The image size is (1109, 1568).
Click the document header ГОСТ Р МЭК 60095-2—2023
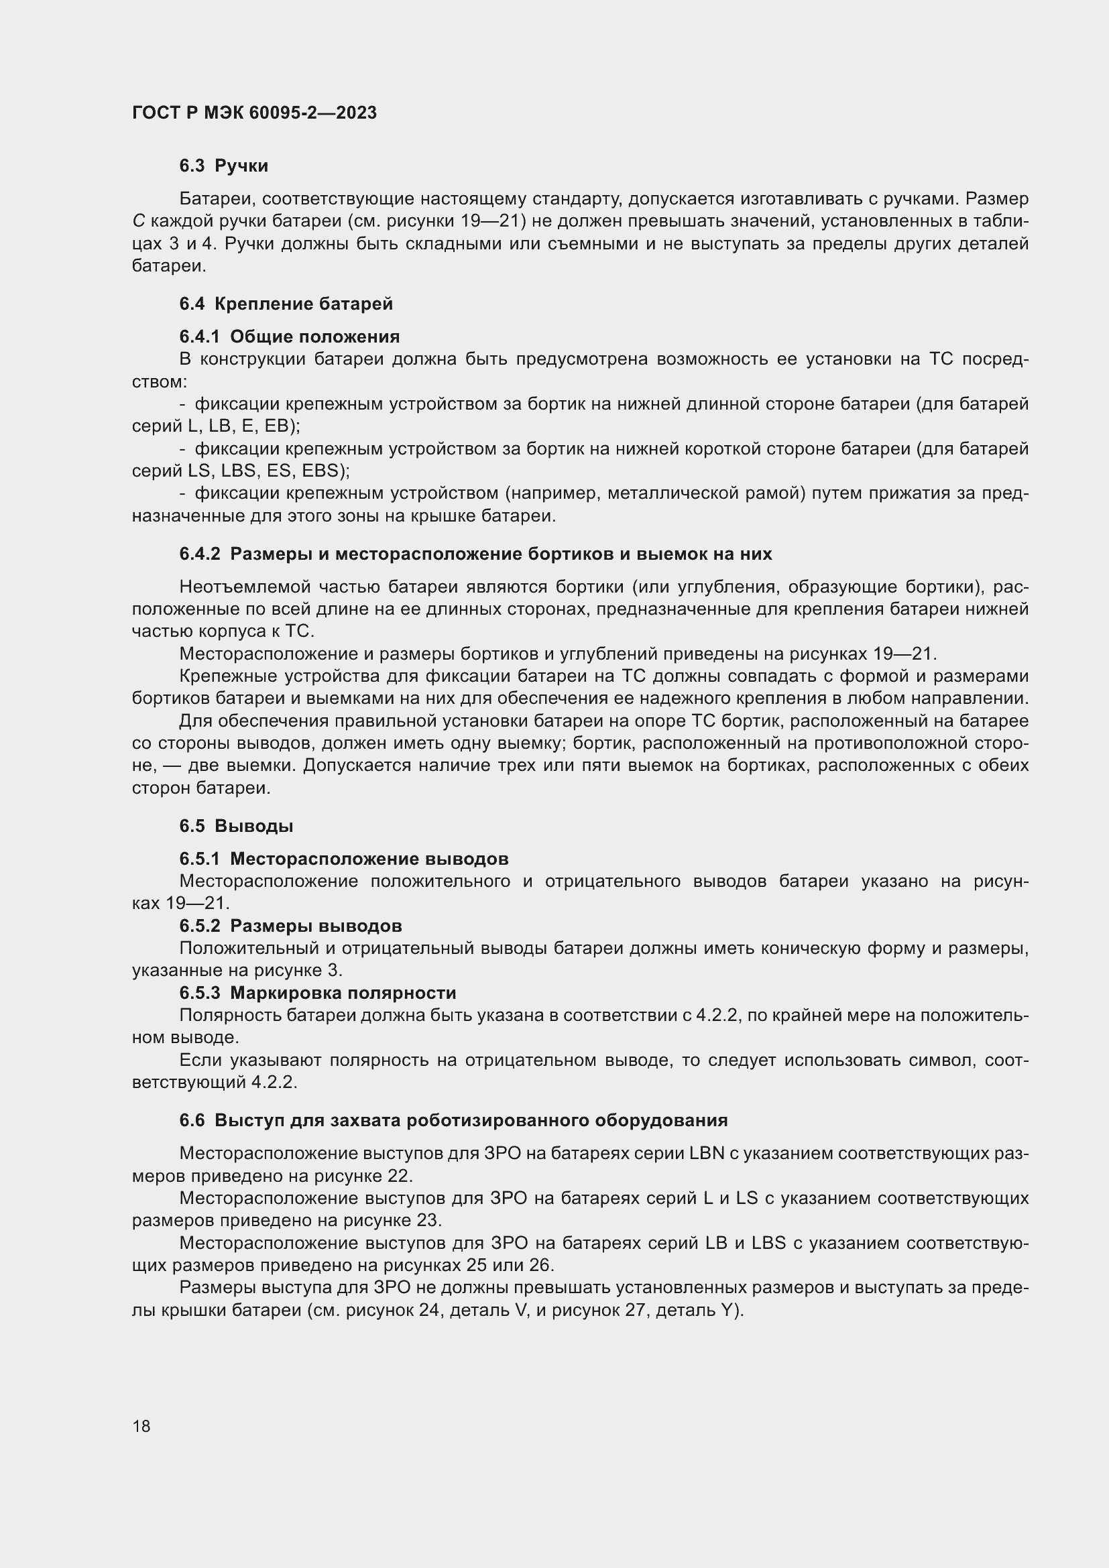[254, 113]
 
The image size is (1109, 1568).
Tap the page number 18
[141, 1426]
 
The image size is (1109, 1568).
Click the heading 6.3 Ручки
[223, 166]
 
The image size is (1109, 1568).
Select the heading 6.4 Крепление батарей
[286, 304]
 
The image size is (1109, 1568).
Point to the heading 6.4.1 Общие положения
[290, 337]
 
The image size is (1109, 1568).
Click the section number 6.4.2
[199, 554]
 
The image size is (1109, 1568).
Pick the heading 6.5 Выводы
[236, 826]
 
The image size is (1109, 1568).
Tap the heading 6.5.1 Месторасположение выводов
[343, 859]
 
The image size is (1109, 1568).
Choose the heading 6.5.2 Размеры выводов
[290, 925]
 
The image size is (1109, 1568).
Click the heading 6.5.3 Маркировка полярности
[318, 992]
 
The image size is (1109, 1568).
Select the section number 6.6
[192, 1120]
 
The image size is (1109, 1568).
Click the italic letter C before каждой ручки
[138, 221]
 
